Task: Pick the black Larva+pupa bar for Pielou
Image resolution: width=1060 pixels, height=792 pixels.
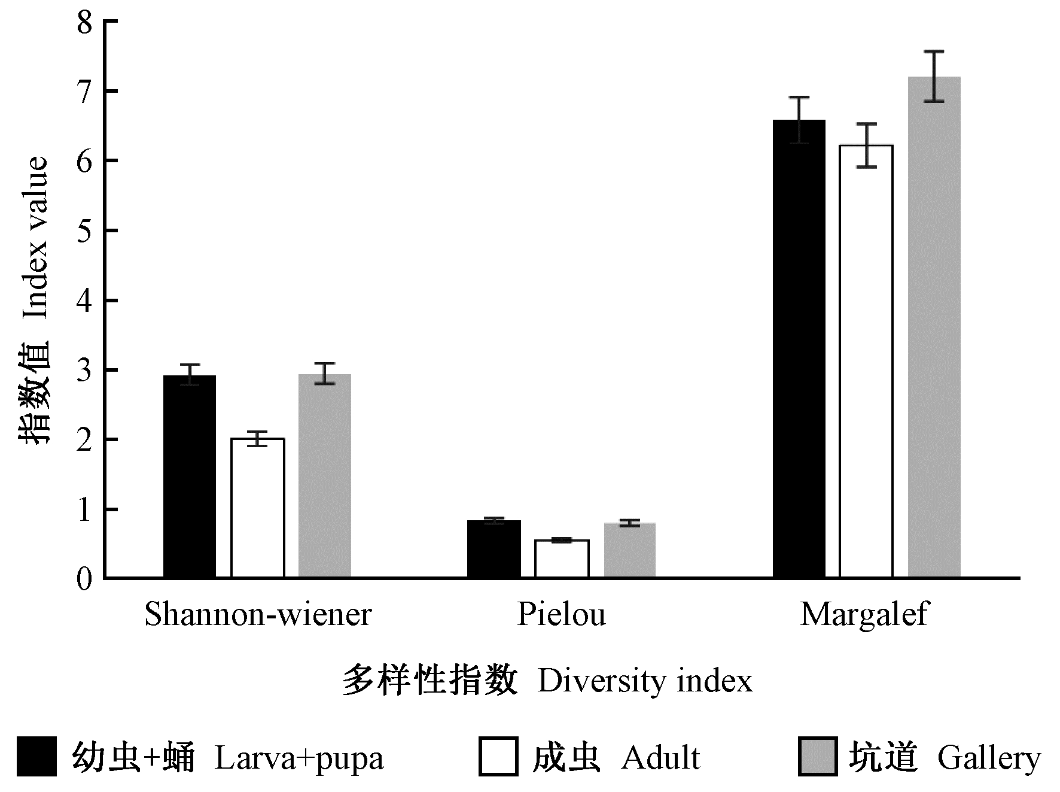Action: point(494,549)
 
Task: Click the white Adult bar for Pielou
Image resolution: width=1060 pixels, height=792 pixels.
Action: point(562,559)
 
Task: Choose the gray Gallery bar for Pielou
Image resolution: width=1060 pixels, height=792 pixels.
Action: point(630,550)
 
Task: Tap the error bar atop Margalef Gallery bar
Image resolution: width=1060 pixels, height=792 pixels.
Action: point(934,77)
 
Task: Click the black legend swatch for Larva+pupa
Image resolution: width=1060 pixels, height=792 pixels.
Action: point(36,757)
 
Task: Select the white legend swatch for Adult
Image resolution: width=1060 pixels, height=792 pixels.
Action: point(498,757)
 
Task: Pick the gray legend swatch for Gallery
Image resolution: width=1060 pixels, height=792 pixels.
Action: point(818,757)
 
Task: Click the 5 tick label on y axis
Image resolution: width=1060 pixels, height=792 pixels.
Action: point(86,231)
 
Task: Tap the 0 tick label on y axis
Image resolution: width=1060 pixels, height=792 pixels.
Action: point(86,579)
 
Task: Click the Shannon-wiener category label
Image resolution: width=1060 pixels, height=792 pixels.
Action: point(258,615)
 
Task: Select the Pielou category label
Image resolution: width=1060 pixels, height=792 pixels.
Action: point(561,615)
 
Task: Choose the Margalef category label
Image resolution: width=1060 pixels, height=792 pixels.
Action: point(864,615)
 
